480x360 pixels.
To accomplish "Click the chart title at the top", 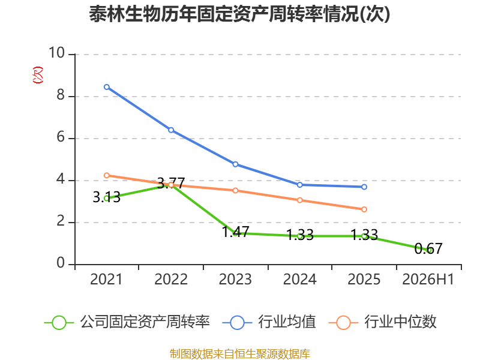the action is [239, 14].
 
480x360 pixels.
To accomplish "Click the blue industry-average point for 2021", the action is [107, 87].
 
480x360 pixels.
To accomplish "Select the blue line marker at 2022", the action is [171, 130].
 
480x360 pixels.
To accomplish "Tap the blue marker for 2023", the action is [235, 164].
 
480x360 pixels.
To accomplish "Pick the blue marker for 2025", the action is [364, 187].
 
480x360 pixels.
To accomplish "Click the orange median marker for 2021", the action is [107, 175].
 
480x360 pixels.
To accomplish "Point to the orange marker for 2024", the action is [299, 200].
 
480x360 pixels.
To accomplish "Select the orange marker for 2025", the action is [364, 209].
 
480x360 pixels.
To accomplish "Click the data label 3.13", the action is [107, 197].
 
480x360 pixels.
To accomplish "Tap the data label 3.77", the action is [171, 183].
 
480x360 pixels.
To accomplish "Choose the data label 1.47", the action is [235, 232].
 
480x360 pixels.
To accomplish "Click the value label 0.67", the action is [428, 248].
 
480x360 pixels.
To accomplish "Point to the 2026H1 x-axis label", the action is [428, 279].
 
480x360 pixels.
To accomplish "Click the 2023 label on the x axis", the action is [235, 279].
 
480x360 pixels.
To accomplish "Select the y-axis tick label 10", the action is [57, 53].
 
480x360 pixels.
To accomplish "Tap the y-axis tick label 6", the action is [61, 137].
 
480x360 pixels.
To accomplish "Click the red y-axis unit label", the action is [38, 75].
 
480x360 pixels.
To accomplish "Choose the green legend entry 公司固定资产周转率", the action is [127, 322].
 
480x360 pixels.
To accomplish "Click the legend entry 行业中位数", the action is [383, 322].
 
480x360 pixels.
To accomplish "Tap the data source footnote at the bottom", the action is [240, 354].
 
